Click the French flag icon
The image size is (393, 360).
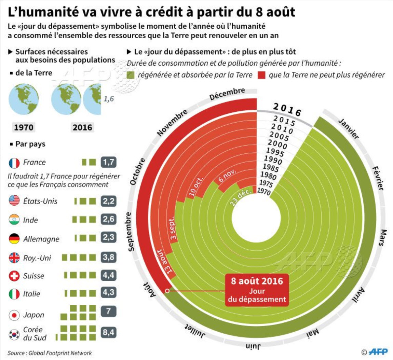coord(14,163)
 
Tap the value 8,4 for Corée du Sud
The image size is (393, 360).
coord(109,332)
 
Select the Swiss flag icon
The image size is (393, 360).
coord(14,276)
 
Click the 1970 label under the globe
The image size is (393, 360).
coord(24,127)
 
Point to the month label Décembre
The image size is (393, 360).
coord(227,94)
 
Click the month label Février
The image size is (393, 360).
coord(378,178)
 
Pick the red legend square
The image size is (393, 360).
coord(262,75)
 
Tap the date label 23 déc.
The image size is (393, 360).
coord(241,197)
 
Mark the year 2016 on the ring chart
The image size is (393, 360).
coord(287,110)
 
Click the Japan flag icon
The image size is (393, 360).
coord(14,315)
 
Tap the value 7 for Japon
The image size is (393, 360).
coord(108,311)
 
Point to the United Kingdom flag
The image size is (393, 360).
coord(14,258)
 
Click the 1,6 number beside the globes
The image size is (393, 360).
coord(109,99)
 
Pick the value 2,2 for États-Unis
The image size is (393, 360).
coord(109,201)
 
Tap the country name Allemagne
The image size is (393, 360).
coord(41,239)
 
